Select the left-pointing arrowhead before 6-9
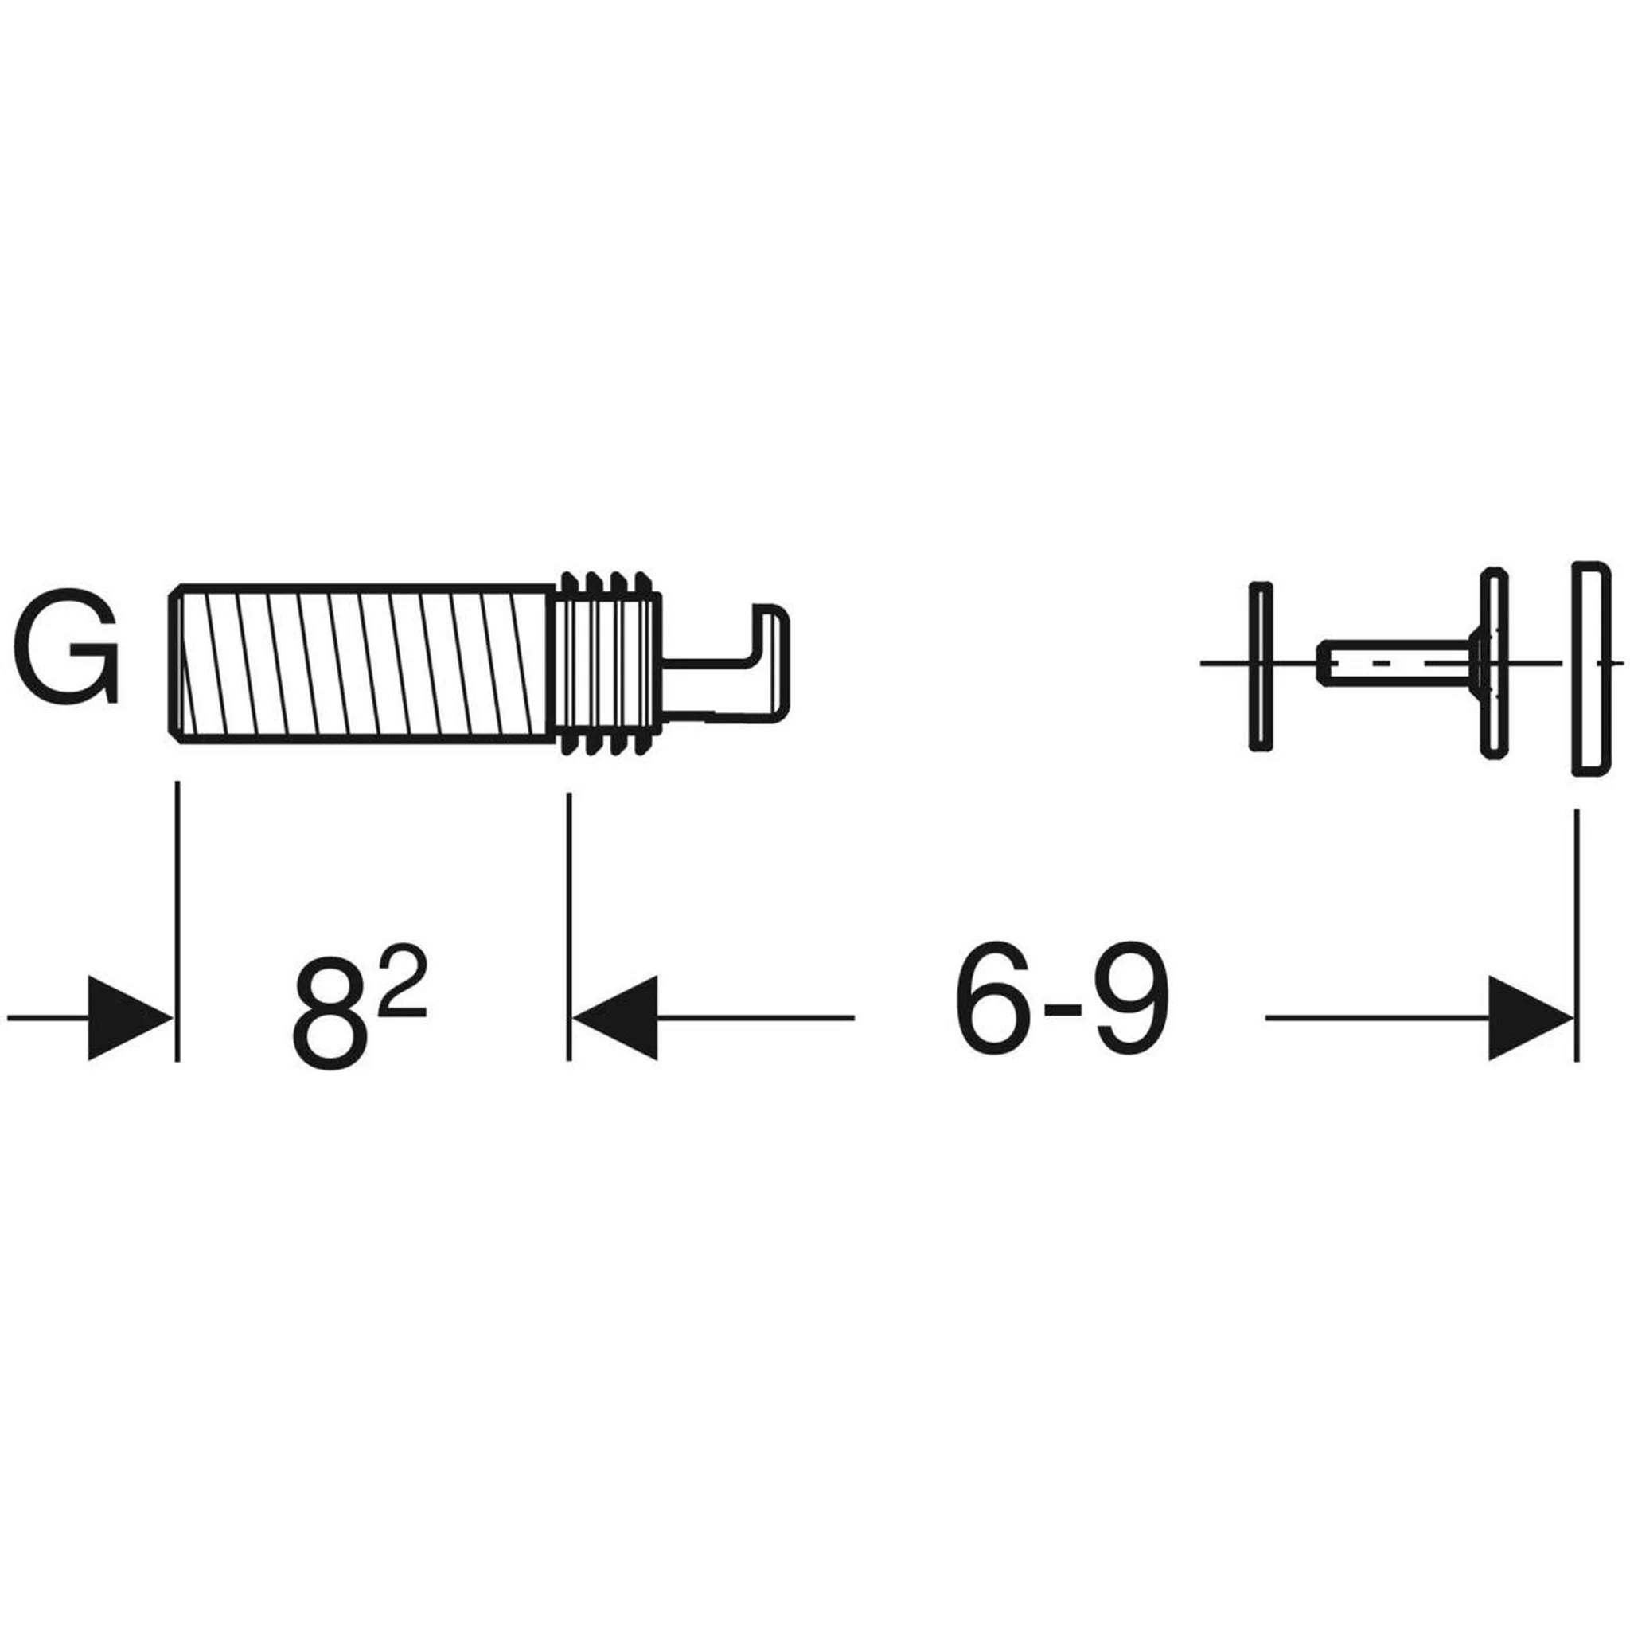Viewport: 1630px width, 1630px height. pyautogui.click(x=615, y=1018)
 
